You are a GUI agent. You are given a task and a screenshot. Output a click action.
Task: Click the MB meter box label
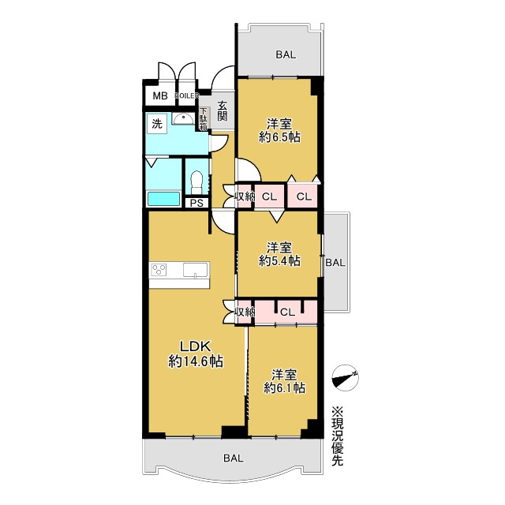coord(160,96)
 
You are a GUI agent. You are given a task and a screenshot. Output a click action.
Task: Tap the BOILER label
coord(187,95)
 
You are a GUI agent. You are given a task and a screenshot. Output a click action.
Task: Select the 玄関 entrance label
coord(222,111)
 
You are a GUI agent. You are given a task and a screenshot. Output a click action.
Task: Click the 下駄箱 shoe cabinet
coord(204,119)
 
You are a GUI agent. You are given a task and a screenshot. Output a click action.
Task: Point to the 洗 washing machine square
coord(157,123)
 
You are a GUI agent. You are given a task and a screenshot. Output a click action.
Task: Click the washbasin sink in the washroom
coord(183,119)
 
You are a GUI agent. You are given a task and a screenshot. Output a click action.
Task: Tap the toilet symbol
coord(196,181)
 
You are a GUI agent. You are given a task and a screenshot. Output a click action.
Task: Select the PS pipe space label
coord(196,204)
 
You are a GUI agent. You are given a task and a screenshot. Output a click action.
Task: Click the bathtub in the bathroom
coord(163,199)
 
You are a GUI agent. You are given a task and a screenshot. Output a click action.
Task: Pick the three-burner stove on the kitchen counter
coord(159,270)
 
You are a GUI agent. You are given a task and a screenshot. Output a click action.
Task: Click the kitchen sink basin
coord(196,270)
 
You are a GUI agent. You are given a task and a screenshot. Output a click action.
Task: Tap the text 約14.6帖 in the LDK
coord(196,361)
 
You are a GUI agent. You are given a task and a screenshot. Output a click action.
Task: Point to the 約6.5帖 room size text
coord(279,137)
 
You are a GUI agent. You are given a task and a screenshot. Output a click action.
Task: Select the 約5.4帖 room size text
coord(279,260)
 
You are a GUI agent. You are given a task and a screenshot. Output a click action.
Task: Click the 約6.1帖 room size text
coord(284,387)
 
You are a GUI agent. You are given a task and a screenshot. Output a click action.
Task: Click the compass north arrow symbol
coord(346,378)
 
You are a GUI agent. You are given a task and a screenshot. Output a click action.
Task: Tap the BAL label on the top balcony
coord(286,54)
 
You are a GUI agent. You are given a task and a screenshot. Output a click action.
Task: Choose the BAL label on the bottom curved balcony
coord(234,458)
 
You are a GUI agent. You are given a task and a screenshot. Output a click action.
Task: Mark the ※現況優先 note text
coord(338,436)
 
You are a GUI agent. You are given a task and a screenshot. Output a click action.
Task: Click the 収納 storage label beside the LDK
coord(245,312)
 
